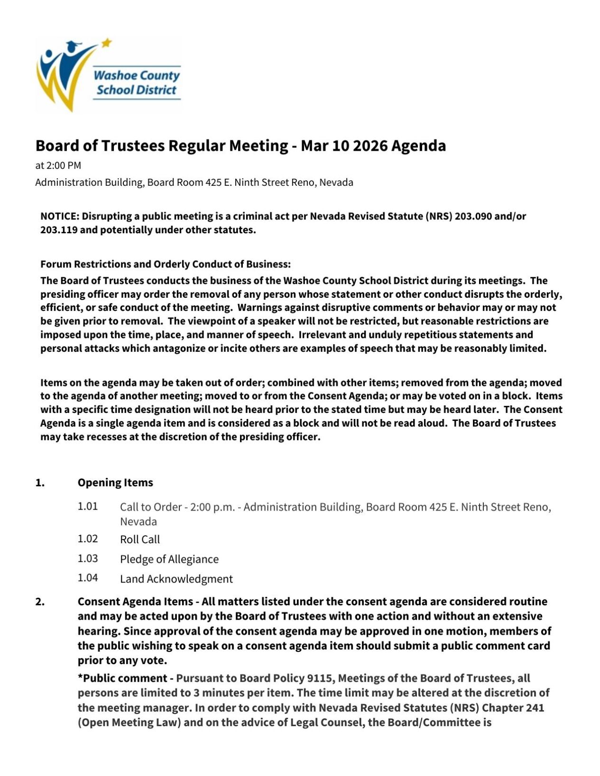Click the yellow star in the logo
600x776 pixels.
click(x=107, y=43)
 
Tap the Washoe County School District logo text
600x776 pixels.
click(x=137, y=82)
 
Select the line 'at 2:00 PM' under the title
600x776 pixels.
click(x=58, y=165)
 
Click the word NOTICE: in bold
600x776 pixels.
click(x=60, y=216)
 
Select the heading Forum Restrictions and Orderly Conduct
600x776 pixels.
click(x=166, y=264)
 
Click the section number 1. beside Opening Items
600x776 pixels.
click(x=40, y=483)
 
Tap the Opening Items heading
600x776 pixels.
click(x=115, y=483)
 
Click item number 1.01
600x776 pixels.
click(x=88, y=506)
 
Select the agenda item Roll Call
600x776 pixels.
click(x=140, y=539)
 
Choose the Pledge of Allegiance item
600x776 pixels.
click(x=169, y=559)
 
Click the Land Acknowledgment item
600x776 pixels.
click(x=176, y=579)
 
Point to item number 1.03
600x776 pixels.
click(x=88, y=558)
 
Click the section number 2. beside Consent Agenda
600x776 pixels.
click(x=40, y=602)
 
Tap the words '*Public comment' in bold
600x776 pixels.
click(x=123, y=678)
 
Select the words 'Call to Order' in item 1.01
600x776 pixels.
click(x=150, y=507)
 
